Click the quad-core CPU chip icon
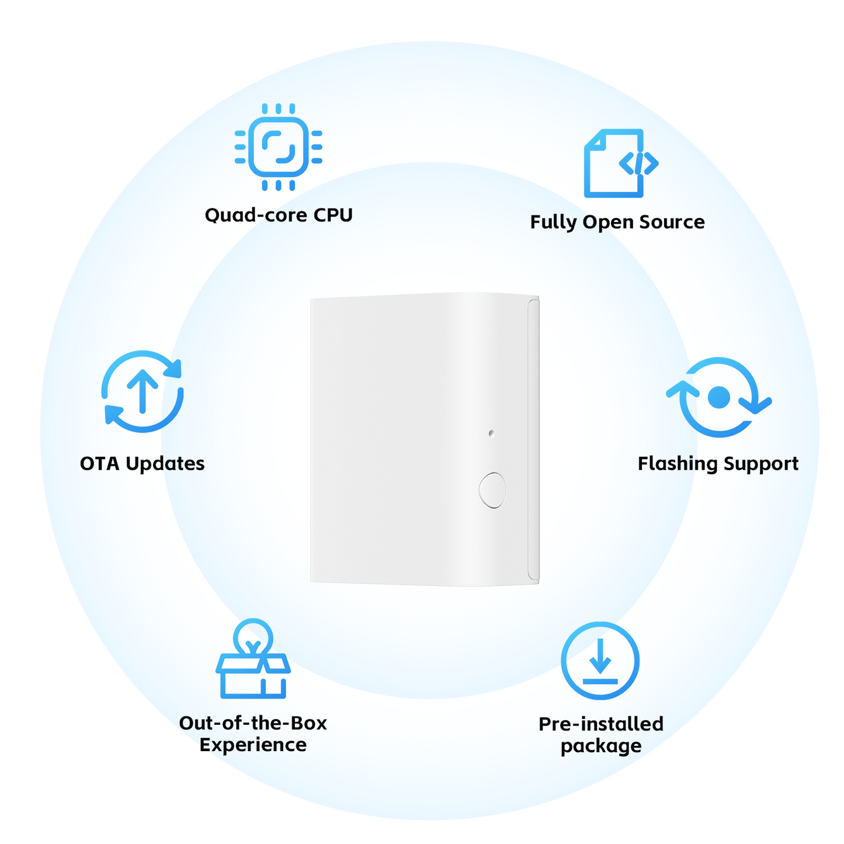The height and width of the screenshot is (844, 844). click(278, 147)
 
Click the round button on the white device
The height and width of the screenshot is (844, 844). click(492, 490)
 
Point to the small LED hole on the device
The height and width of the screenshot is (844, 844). click(491, 433)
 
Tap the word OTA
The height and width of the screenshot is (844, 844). click(99, 464)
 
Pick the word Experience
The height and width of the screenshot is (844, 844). click(253, 745)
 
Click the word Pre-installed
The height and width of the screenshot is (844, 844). click(601, 724)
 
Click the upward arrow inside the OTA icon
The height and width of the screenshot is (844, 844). click(143, 391)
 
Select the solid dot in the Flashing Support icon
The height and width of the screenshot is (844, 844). click(719, 397)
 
